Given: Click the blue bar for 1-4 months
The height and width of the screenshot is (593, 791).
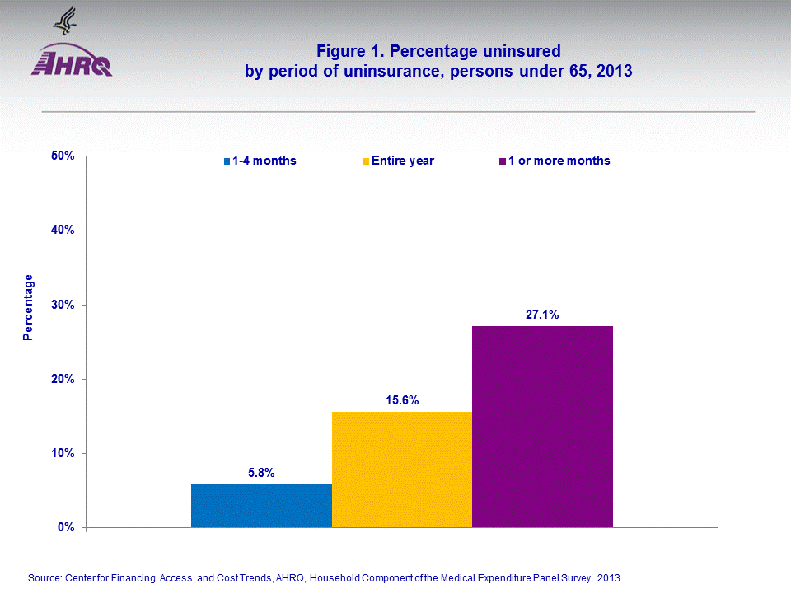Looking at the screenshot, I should pyautogui.click(x=261, y=505).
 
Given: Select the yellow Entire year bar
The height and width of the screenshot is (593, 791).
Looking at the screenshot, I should pyautogui.click(x=402, y=469).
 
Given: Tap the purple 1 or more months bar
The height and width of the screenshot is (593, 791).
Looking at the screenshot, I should pyautogui.click(x=542, y=426).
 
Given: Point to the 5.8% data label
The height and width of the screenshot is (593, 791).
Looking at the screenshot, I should pyautogui.click(x=261, y=473).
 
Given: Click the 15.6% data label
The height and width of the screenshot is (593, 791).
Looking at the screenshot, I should pyautogui.click(x=402, y=400).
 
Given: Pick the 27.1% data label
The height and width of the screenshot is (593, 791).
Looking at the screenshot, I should pyautogui.click(x=542, y=315).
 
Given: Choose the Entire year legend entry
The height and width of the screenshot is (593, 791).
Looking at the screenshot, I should pyautogui.click(x=402, y=161).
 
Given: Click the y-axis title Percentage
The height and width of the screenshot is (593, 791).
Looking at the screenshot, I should pyautogui.click(x=29, y=307).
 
